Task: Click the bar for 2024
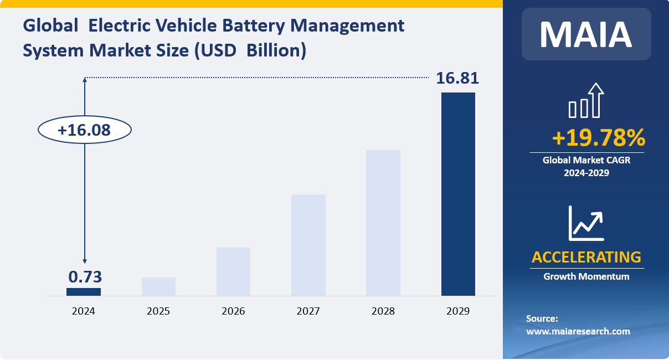[x=84, y=292]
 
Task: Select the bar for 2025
[x=158, y=286]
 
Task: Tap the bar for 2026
[x=233, y=271]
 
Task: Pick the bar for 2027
[x=308, y=245]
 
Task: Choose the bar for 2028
[x=383, y=223]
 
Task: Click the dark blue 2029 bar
[x=458, y=194]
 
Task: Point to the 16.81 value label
[x=457, y=78]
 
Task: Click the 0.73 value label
[x=85, y=277]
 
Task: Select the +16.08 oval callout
[x=84, y=130]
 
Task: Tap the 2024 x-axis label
[x=84, y=311]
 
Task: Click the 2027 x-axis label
[x=308, y=311]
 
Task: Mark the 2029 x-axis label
[x=458, y=311]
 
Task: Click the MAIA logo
[x=586, y=34]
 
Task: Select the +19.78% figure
[x=599, y=138]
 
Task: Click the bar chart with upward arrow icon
[x=586, y=101]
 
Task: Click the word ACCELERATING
[x=586, y=257]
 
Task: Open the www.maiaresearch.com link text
[x=578, y=331]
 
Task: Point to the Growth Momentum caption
[x=586, y=276]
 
